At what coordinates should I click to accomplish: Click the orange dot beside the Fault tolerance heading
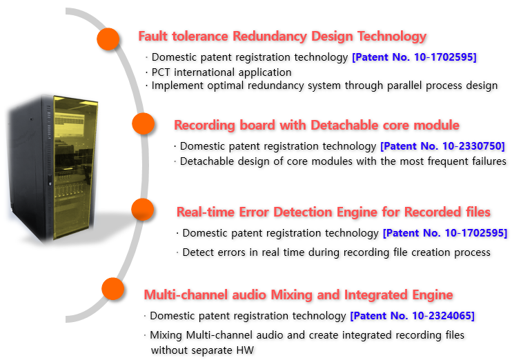click(x=108, y=39)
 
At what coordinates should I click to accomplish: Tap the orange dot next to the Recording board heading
click(x=143, y=123)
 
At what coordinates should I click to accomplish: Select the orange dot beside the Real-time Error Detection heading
click(x=143, y=209)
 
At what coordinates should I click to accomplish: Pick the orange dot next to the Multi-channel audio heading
click(x=113, y=289)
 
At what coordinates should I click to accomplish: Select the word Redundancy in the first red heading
click(x=270, y=37)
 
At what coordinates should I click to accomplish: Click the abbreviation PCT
click(x=161, y=72)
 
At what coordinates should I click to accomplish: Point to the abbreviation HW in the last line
click(x=245, y=350)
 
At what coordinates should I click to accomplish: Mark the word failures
click(x=488, y=161)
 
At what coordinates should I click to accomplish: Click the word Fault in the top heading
click(x=152, y=37)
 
